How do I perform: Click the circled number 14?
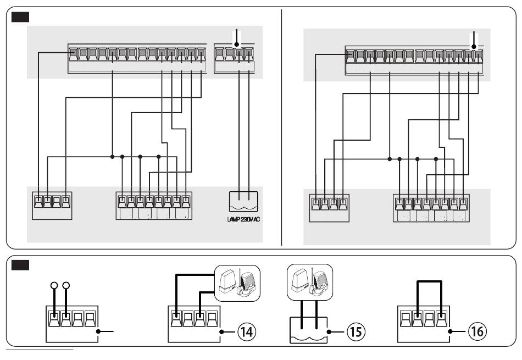pos(247,331)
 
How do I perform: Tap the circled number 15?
pos(356,331)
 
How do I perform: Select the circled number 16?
pos(477,331)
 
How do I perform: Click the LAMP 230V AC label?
pos(243,219)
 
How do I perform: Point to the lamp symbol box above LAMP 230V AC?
pos(243,202)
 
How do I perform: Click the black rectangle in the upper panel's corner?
pos(20,17)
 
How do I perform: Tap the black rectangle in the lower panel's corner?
pos(20,265)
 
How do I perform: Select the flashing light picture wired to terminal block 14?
pos(237,283)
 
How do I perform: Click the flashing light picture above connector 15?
pos(310,282)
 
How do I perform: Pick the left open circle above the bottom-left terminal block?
pos(54,285)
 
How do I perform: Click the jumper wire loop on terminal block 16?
pos(430,282)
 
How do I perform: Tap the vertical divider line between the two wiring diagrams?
pos(282,128)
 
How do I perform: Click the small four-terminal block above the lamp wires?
pos(235,58)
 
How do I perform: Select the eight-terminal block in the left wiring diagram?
pos(154,206)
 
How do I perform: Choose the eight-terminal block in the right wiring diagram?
pos(431,208)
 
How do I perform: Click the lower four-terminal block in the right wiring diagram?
pos(329,208)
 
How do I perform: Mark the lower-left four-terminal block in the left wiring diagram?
pos(52,206)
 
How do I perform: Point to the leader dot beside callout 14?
pos(221,332)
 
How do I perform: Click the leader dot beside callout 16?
pos(450,331)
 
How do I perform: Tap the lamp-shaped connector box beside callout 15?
pos(309,330)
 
